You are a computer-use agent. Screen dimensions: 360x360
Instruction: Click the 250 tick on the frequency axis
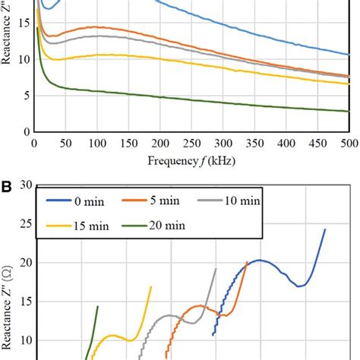[x=191, y=143]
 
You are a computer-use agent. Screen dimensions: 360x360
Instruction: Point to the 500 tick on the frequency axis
[x=349, y=143]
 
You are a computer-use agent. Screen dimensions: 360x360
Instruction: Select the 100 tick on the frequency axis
[x=97, y=143]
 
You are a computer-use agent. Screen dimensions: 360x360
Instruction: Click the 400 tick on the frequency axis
[x=286, y=143]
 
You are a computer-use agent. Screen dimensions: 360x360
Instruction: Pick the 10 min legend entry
[x=229, y=201]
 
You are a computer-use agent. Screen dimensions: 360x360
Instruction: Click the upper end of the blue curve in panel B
[x=325, y=229]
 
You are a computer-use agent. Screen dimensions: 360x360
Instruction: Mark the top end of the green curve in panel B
[x=98, y=306]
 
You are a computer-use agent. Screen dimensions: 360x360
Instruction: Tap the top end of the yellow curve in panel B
[x=151, y=287]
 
